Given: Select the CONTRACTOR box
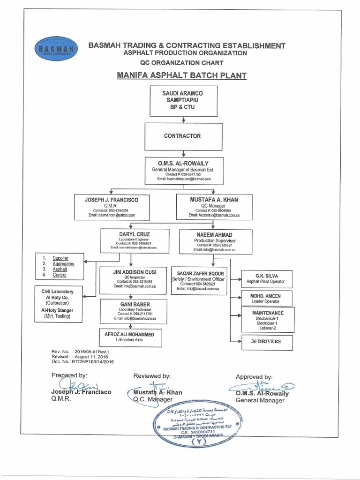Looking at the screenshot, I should tap(182, 136).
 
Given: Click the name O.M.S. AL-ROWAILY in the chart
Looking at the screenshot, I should tap(183, 162).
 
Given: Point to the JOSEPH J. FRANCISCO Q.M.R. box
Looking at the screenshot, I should tap(112, 207).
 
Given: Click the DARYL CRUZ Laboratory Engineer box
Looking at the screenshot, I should tap(134, 240).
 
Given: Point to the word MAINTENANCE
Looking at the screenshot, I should tap(268, 312).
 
